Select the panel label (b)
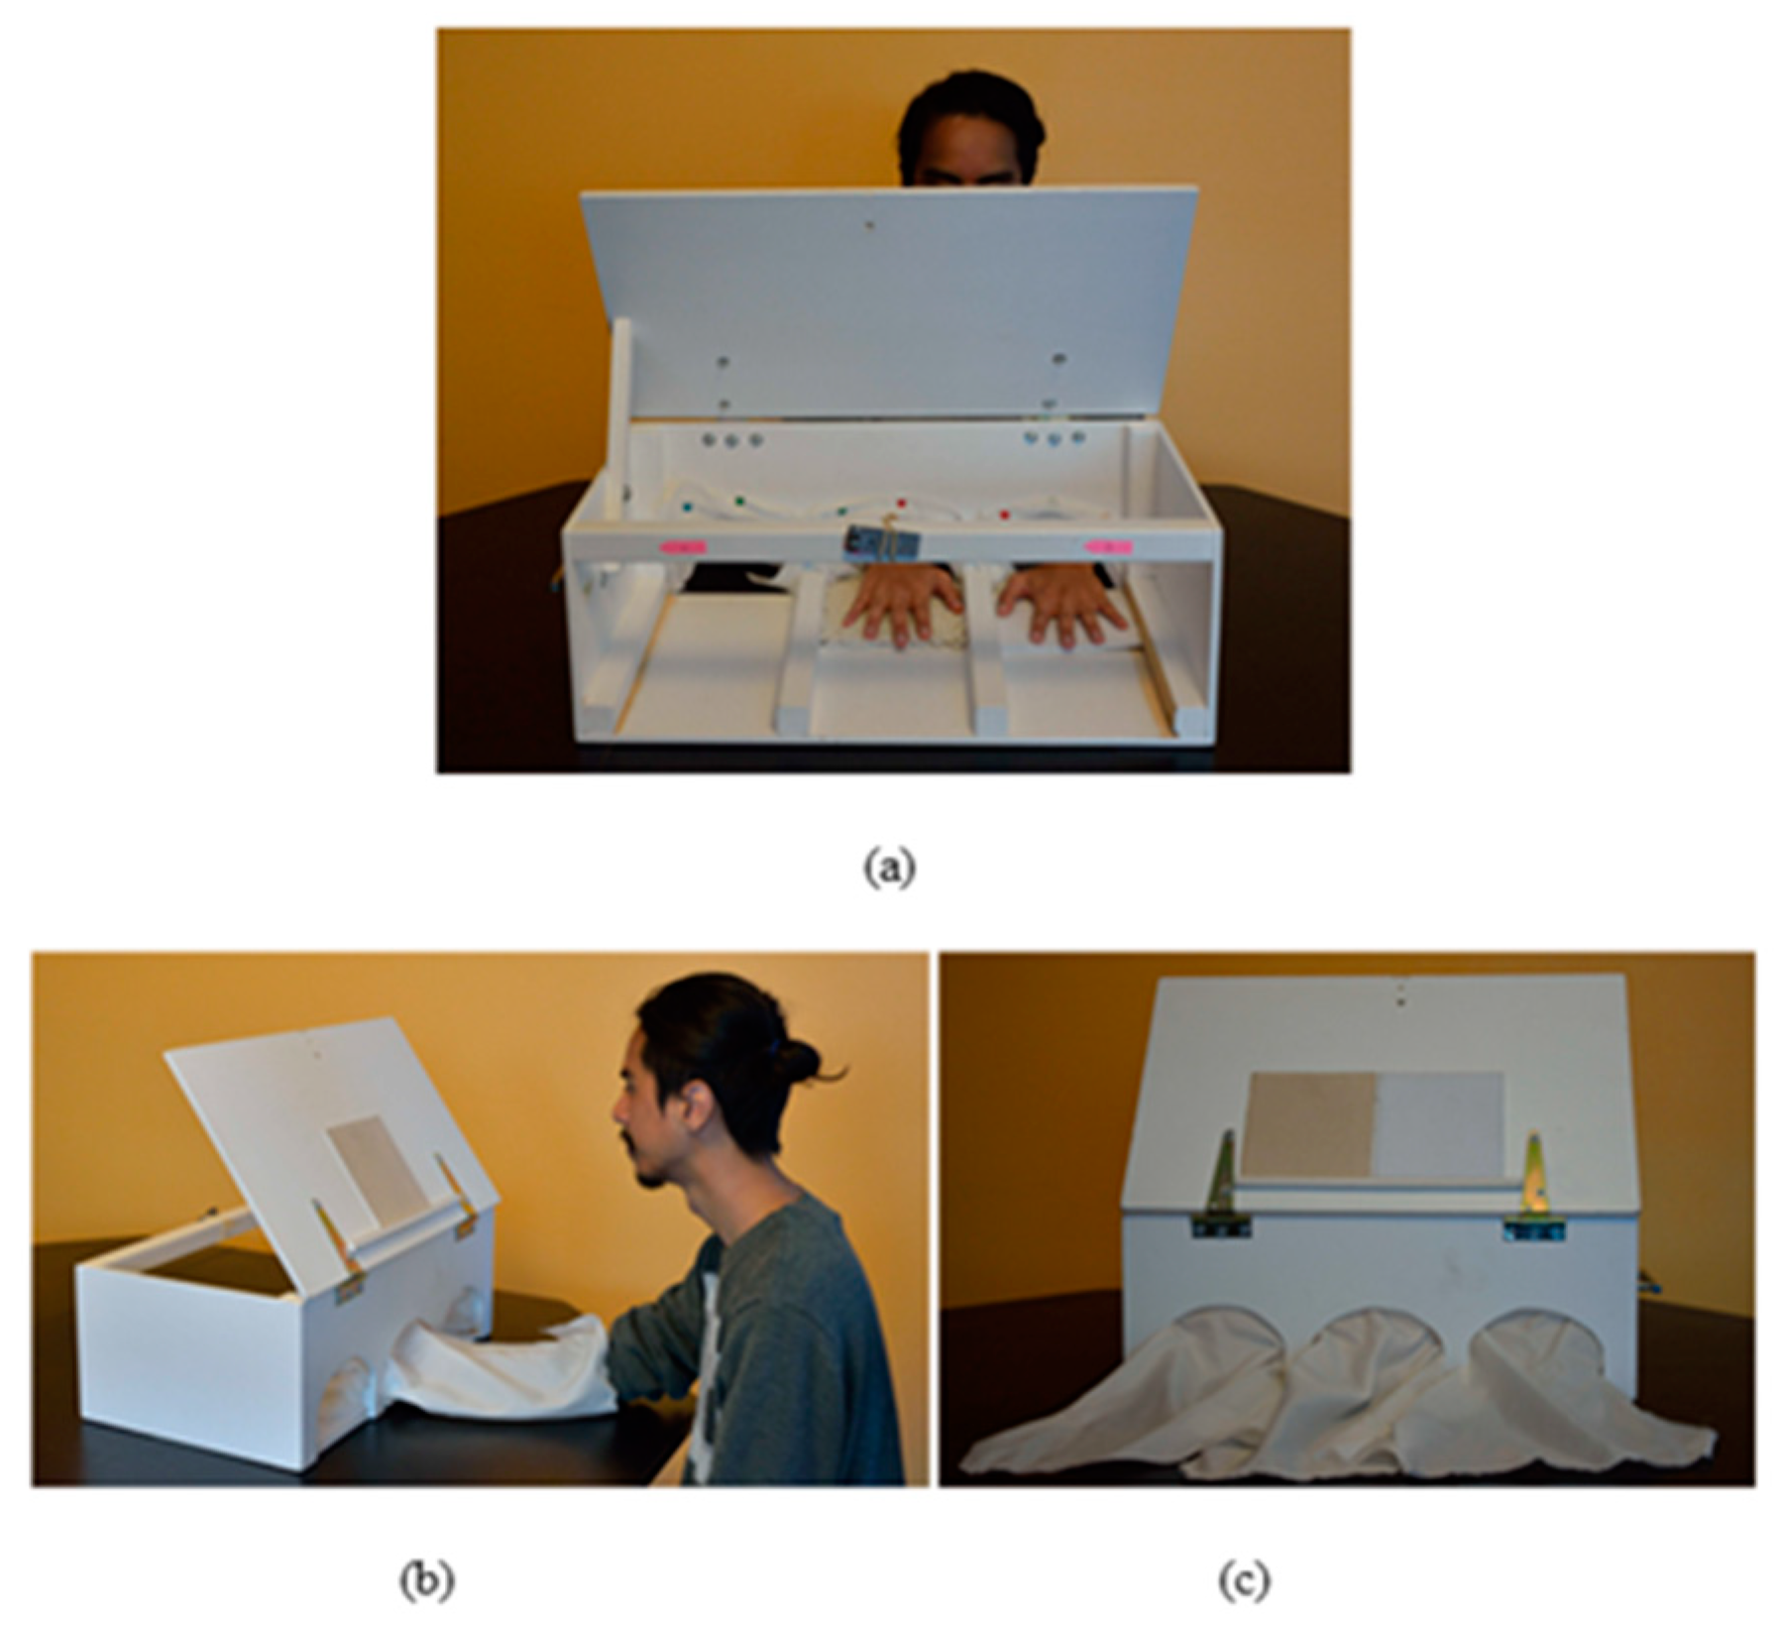point(427,1580)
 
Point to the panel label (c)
point(1243,1580)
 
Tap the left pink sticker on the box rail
point(681,545)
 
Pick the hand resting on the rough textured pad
point(904,604)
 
